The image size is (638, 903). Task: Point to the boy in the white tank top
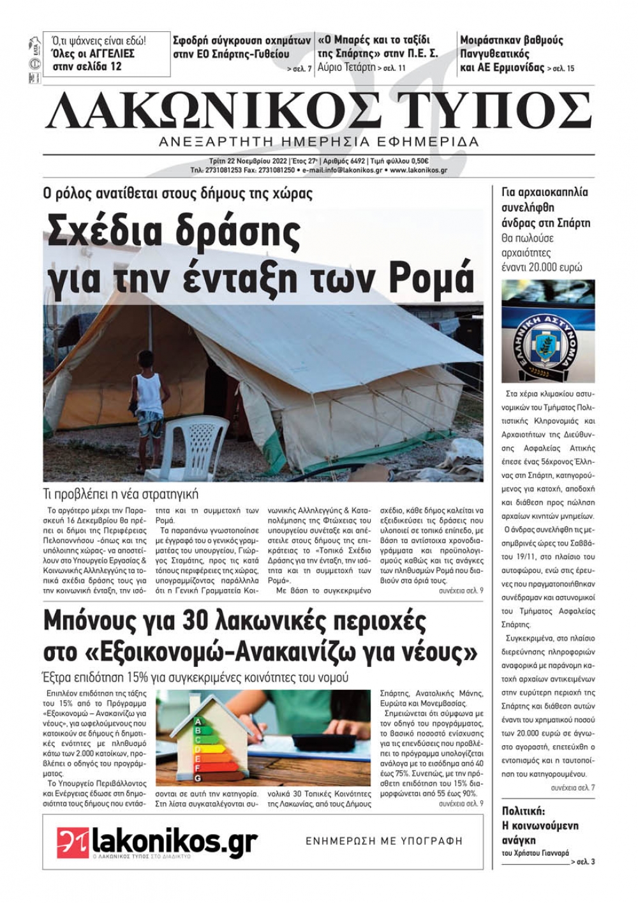(149, 393)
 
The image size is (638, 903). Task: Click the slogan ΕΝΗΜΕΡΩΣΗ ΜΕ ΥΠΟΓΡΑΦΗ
(384, 841)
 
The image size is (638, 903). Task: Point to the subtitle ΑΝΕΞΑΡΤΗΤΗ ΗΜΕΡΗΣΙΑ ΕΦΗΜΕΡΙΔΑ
(319, 142)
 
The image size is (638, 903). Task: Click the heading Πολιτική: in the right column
(524, 811)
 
